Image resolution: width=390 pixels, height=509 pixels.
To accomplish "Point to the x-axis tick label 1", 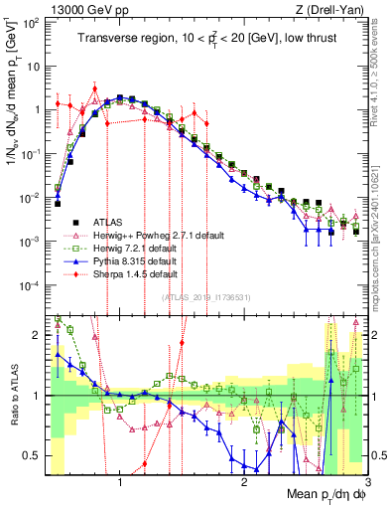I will (x=119, y=480).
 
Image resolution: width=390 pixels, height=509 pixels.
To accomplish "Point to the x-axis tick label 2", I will (x=244, y=480).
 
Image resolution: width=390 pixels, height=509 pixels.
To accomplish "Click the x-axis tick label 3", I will (x=367, y=480).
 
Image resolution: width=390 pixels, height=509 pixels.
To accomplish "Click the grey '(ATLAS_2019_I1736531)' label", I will (x=205, y=296).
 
